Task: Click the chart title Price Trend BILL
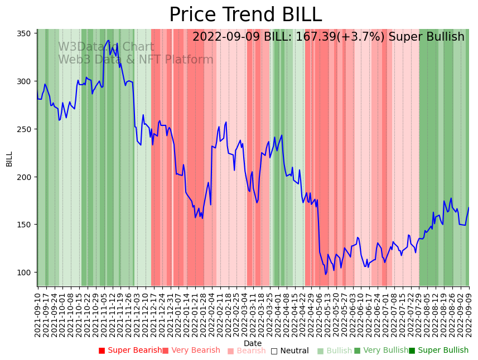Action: click(x=245, y=15)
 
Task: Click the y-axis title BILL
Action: click(x=9, y=159)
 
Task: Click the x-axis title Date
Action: click(x=253, y=343)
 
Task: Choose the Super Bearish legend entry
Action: click(x=130, y=351)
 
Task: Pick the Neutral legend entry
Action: click(x=289, y=351)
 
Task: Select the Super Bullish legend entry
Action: click(x=438, y=351)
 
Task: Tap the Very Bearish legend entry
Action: click(x=191, y=351)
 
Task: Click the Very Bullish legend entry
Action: click(x=381, y=351)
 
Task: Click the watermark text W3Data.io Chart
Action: click(x=106, y=47)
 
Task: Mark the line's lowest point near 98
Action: click(x=326, y=274)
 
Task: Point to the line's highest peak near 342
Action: click(x=108, y=41)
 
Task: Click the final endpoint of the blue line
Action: click(x=469, y=208)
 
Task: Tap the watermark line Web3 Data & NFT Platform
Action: click(x=136, y=60)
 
